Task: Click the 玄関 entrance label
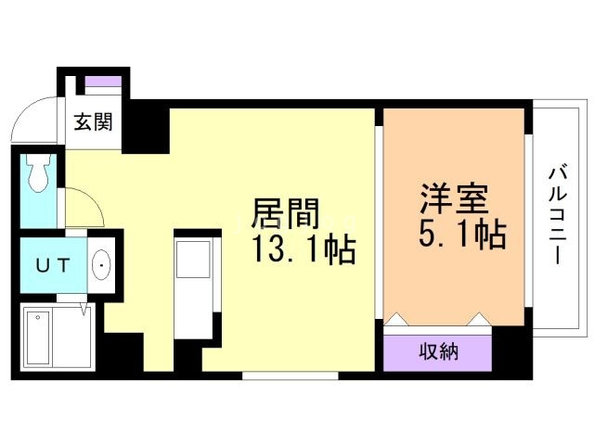point(94,121)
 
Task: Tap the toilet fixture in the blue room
point(38,174)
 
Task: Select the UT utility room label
point(52,265)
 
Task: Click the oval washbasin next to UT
point(100,266)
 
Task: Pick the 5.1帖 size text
point(462,235)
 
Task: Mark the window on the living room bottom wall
point(290,375)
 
